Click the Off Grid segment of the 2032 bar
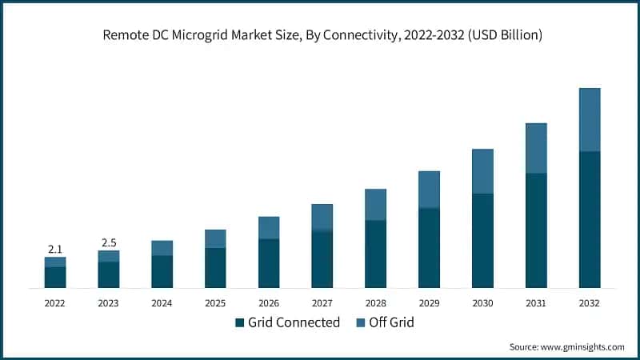click(589, 119)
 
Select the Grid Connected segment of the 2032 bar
click(589, 219)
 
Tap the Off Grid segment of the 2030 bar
click(482, 171)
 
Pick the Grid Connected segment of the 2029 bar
click(429, 248)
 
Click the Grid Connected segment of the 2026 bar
click(269, 263)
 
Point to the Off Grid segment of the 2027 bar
click(322, 217)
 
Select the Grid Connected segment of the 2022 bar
click(55, 277)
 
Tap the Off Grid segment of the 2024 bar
click(162, 248)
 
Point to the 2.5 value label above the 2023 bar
click(109, 242)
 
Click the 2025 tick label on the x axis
click(215, 303)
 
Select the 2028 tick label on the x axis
click(375, 303)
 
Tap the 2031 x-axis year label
click(535, 303)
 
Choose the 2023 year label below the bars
click(109, 303)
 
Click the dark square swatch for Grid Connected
click(239, 323)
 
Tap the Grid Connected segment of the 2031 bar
click(535, 230)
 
